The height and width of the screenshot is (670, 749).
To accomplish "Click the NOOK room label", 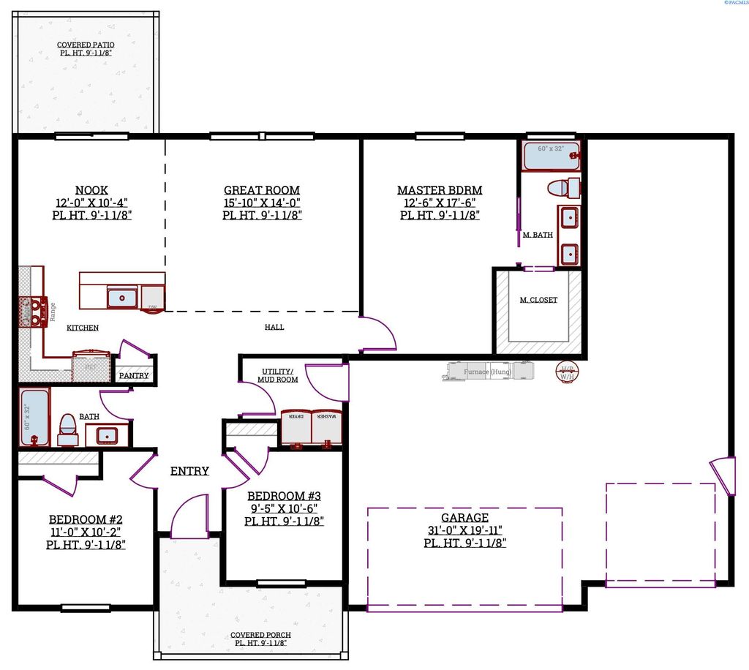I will point(92,190).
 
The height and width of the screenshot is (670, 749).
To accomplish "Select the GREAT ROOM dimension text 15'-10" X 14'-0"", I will point(263,203).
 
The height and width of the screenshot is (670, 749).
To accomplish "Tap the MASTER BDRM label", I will point(440,190).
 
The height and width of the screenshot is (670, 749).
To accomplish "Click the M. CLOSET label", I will point(538,300).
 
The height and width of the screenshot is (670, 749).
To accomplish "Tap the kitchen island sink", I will point(122,298).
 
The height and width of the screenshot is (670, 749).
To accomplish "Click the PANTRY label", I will point(134,376).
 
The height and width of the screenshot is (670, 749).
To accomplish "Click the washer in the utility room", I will point(328,429).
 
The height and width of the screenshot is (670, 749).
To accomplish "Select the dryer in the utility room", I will point(297,429).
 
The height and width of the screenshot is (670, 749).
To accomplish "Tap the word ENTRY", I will point(189,471).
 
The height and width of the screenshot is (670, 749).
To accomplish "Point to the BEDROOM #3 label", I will point(284,496).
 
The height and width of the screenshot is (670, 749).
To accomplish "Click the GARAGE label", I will point(465,518).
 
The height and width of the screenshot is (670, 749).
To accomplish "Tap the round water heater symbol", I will point(568,372).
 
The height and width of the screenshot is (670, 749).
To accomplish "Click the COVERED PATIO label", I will point(86,45).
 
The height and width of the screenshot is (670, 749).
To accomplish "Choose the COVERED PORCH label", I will point(260,635).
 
